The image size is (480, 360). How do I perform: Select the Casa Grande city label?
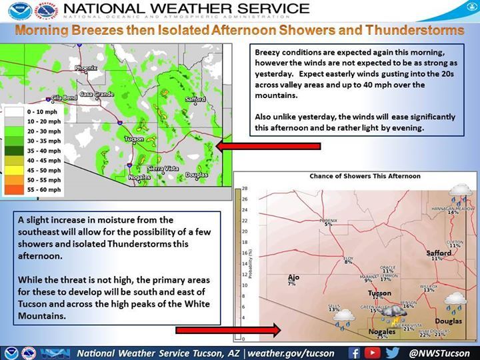coord(95,95)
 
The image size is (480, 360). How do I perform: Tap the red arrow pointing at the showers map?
coord(226,329)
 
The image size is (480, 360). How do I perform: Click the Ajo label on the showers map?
coord(293,277)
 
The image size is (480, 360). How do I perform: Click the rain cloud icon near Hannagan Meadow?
coord(460,191)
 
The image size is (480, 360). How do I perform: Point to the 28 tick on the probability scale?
coord(245,188)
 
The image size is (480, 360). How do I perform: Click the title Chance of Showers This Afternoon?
coord(365,176)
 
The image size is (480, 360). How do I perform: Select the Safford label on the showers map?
coord(439,253)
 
